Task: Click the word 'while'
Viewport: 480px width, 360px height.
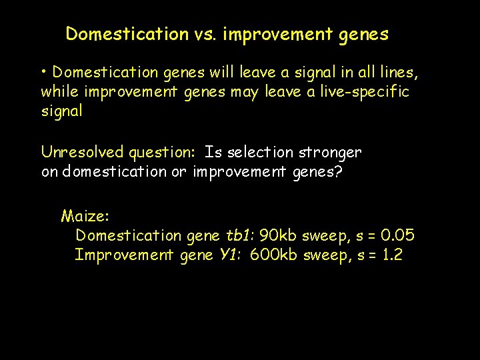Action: [x=58, y=91]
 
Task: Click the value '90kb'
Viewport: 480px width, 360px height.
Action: [x=279, y=235]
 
